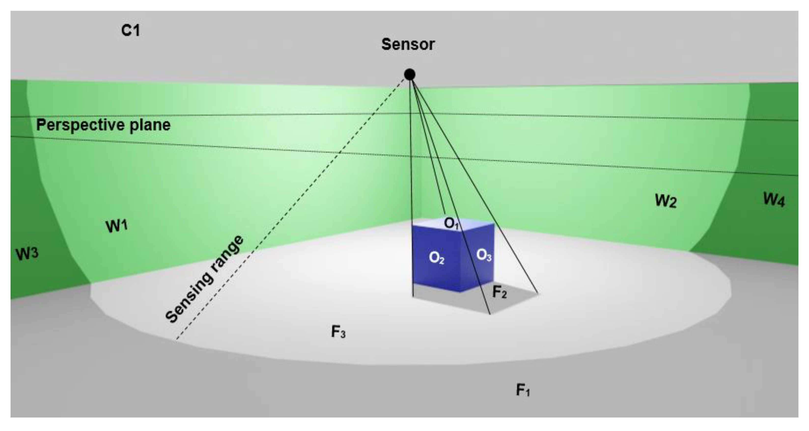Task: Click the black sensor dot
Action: tap(409, 75)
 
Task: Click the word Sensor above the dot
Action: tap(408, 44)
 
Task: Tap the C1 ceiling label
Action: tap(130, 31)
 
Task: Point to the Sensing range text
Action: tap(204, 279)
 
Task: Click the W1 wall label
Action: tap(116, 226)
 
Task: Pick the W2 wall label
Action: tap(666, 201)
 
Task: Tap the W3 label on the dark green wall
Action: tap(27, 253)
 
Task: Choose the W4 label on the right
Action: tap(774, 199)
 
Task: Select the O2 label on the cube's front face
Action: tap(436, 258)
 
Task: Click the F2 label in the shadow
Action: tap(499, 292)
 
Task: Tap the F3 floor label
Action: tap(338, 332)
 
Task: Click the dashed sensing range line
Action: tap(314, 182)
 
